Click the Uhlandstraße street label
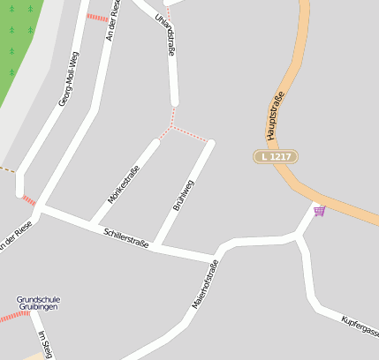pos(164,36)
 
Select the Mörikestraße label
pos(124,184)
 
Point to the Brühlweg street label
pos(183,195)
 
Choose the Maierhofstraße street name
pos(205,284)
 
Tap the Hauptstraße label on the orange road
pos(275,116)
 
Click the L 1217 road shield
pos(275,156)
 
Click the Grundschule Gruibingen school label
pos(38,304)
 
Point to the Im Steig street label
pos(44,344)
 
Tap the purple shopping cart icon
pos(319,210)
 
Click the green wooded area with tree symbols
pos(18,44)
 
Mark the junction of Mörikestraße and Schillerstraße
pos(91,222)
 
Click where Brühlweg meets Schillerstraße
pos(156,245)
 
